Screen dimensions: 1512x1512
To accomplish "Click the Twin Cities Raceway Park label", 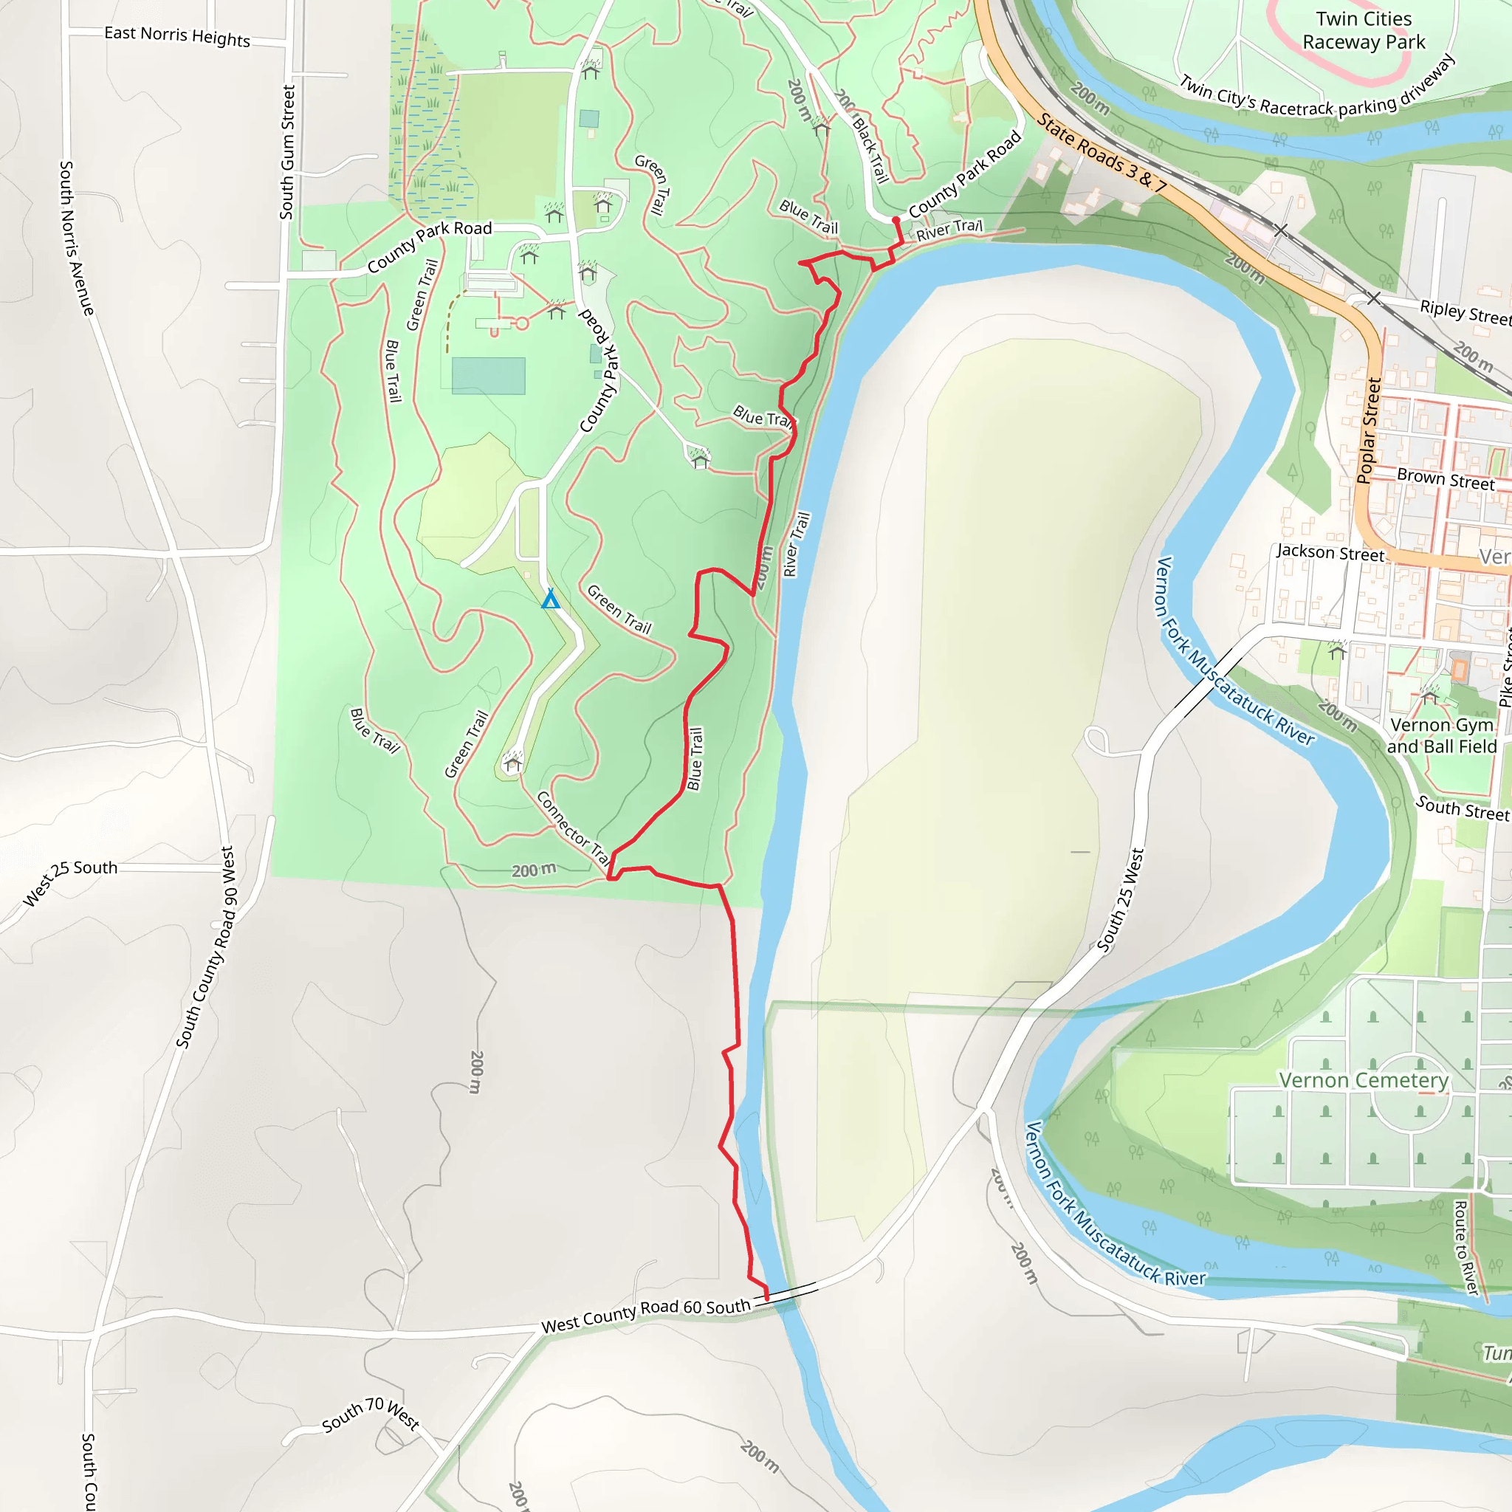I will point(1364,30).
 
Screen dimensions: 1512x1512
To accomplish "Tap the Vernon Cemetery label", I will point(1364,1080).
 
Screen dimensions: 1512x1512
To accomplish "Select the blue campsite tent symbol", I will point(551,599).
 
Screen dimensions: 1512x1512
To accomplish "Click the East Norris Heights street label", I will point(177,36).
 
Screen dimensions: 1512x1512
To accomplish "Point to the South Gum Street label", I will point(288,153).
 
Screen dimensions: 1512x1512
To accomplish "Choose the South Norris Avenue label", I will point(77,238).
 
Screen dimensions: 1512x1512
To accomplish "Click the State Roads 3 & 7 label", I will point(1102,154).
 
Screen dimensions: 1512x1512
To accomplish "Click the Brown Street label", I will point(1446,479).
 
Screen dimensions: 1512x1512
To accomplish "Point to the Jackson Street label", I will point(1330,552).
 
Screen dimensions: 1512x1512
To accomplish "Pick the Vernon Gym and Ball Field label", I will point(1442,735).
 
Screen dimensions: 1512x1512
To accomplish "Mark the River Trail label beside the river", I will point(797,545).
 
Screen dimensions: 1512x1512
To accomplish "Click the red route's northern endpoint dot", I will point(896,221).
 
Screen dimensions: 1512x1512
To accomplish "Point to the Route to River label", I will point(1465,1248).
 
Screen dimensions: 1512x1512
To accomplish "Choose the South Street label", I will point(1462,808).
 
